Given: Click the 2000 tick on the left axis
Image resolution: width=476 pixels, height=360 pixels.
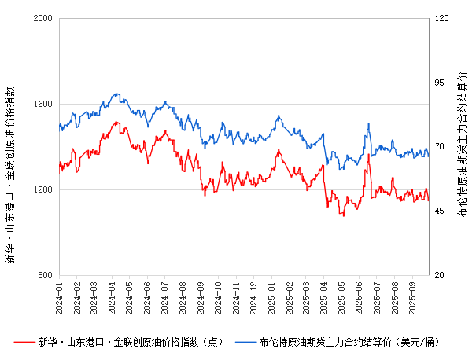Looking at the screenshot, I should coord(42,18).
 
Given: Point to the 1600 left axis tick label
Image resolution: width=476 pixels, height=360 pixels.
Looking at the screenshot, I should coord(42,104).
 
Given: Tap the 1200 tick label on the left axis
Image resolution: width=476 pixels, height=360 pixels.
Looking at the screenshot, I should coord(42,189).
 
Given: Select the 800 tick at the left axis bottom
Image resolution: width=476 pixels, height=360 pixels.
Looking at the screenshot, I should coord(46,276).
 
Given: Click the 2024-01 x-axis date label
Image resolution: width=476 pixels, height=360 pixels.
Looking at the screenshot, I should coord(60,297).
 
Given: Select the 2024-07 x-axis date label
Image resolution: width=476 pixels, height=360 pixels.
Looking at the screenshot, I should coord(166,297).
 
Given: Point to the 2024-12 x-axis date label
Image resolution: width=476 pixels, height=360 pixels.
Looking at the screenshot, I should coord(253,297).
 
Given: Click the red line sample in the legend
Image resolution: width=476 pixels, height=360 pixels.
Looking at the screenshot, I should coord(25,342).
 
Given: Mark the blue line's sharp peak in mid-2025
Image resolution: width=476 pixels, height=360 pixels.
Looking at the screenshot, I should coord(367,124).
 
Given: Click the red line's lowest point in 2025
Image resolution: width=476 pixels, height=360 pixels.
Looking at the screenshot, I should coord(342,215).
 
